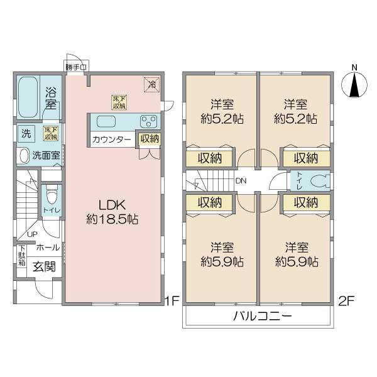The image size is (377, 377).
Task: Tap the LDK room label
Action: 112,205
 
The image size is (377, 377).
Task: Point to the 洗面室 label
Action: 46,155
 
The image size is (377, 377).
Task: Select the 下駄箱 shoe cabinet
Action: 21,256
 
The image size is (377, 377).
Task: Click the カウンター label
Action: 111,139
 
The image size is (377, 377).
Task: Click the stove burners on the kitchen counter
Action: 149,121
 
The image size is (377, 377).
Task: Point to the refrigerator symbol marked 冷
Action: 150,82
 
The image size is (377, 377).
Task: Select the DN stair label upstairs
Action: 241,182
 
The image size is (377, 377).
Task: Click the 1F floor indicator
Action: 172,300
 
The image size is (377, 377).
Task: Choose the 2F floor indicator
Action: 347,300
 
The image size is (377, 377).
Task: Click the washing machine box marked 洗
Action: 26,133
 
